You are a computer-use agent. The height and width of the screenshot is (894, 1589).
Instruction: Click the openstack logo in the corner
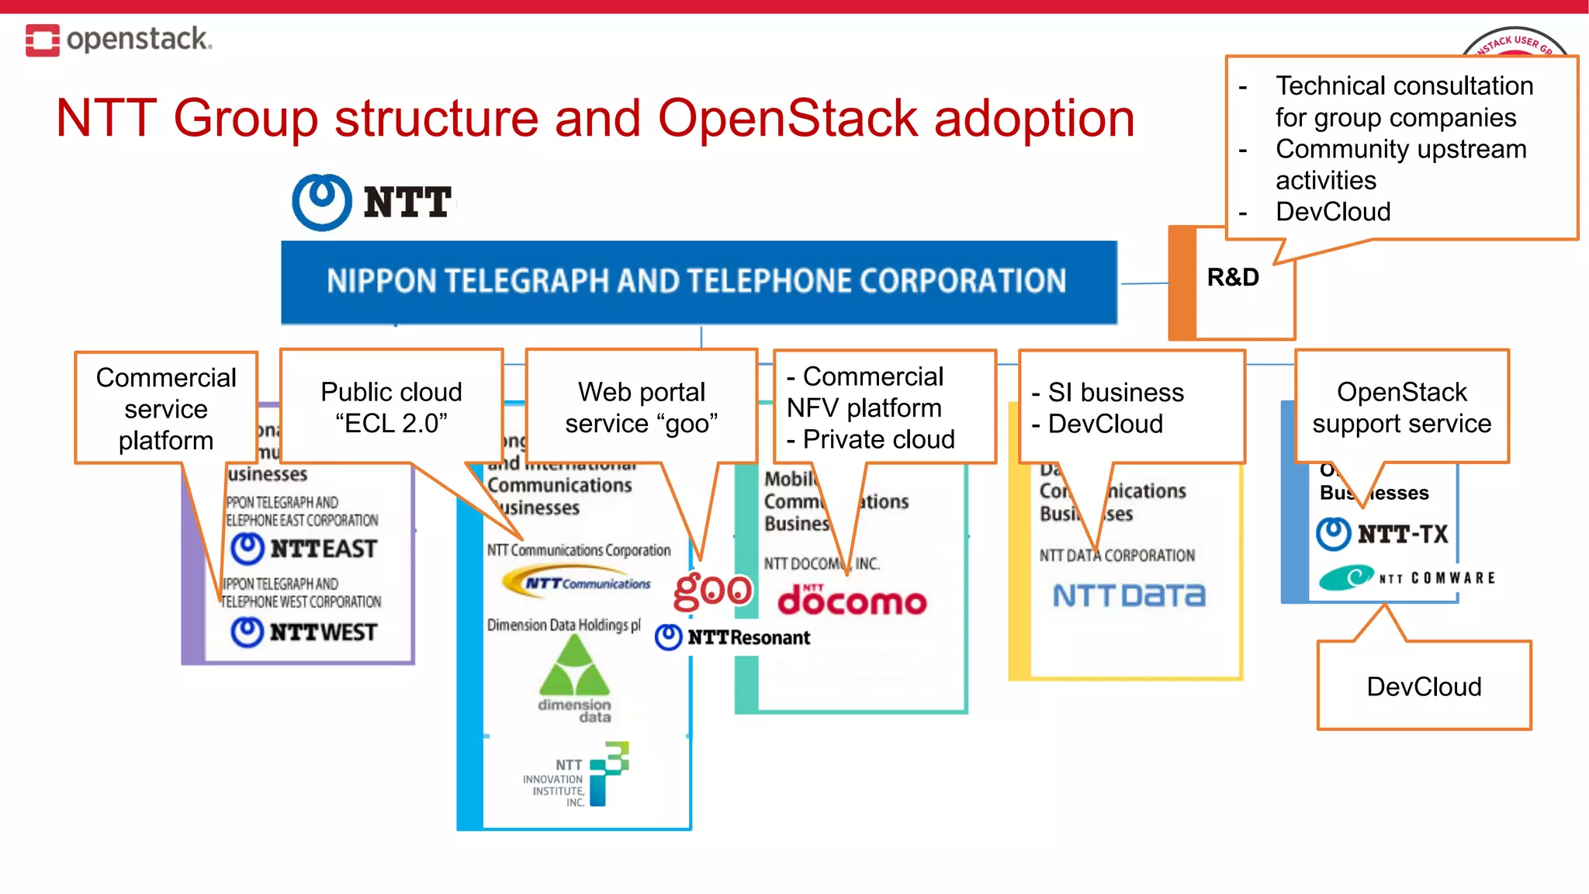coord(118,40)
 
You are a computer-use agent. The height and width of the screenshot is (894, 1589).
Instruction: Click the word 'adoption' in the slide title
coord(1033,119)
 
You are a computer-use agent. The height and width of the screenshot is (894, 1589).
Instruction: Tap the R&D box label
coord(1232,277)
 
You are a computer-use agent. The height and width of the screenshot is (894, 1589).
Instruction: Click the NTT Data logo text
coord(1129,595)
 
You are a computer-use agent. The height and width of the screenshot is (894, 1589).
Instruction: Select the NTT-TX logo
coord(1383,534)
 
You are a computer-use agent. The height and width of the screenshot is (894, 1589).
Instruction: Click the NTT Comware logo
coord(1407,577)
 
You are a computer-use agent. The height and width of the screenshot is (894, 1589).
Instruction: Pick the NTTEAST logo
coord(305,549)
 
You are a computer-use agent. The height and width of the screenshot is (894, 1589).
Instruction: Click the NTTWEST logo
coord(305,632)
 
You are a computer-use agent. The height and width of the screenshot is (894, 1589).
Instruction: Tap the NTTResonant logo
coord(732,637)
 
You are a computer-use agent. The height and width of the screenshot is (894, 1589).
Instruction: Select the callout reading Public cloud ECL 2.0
coord(391,407)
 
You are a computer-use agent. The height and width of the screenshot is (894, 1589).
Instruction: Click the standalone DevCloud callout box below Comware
coord(1424,686)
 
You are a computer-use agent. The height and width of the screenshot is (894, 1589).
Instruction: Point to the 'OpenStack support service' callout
coord(1401,407)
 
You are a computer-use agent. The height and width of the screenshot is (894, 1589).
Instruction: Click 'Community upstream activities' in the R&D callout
coord(1400,164)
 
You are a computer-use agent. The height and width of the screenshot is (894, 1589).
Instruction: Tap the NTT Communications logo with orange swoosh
coord(577,582)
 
